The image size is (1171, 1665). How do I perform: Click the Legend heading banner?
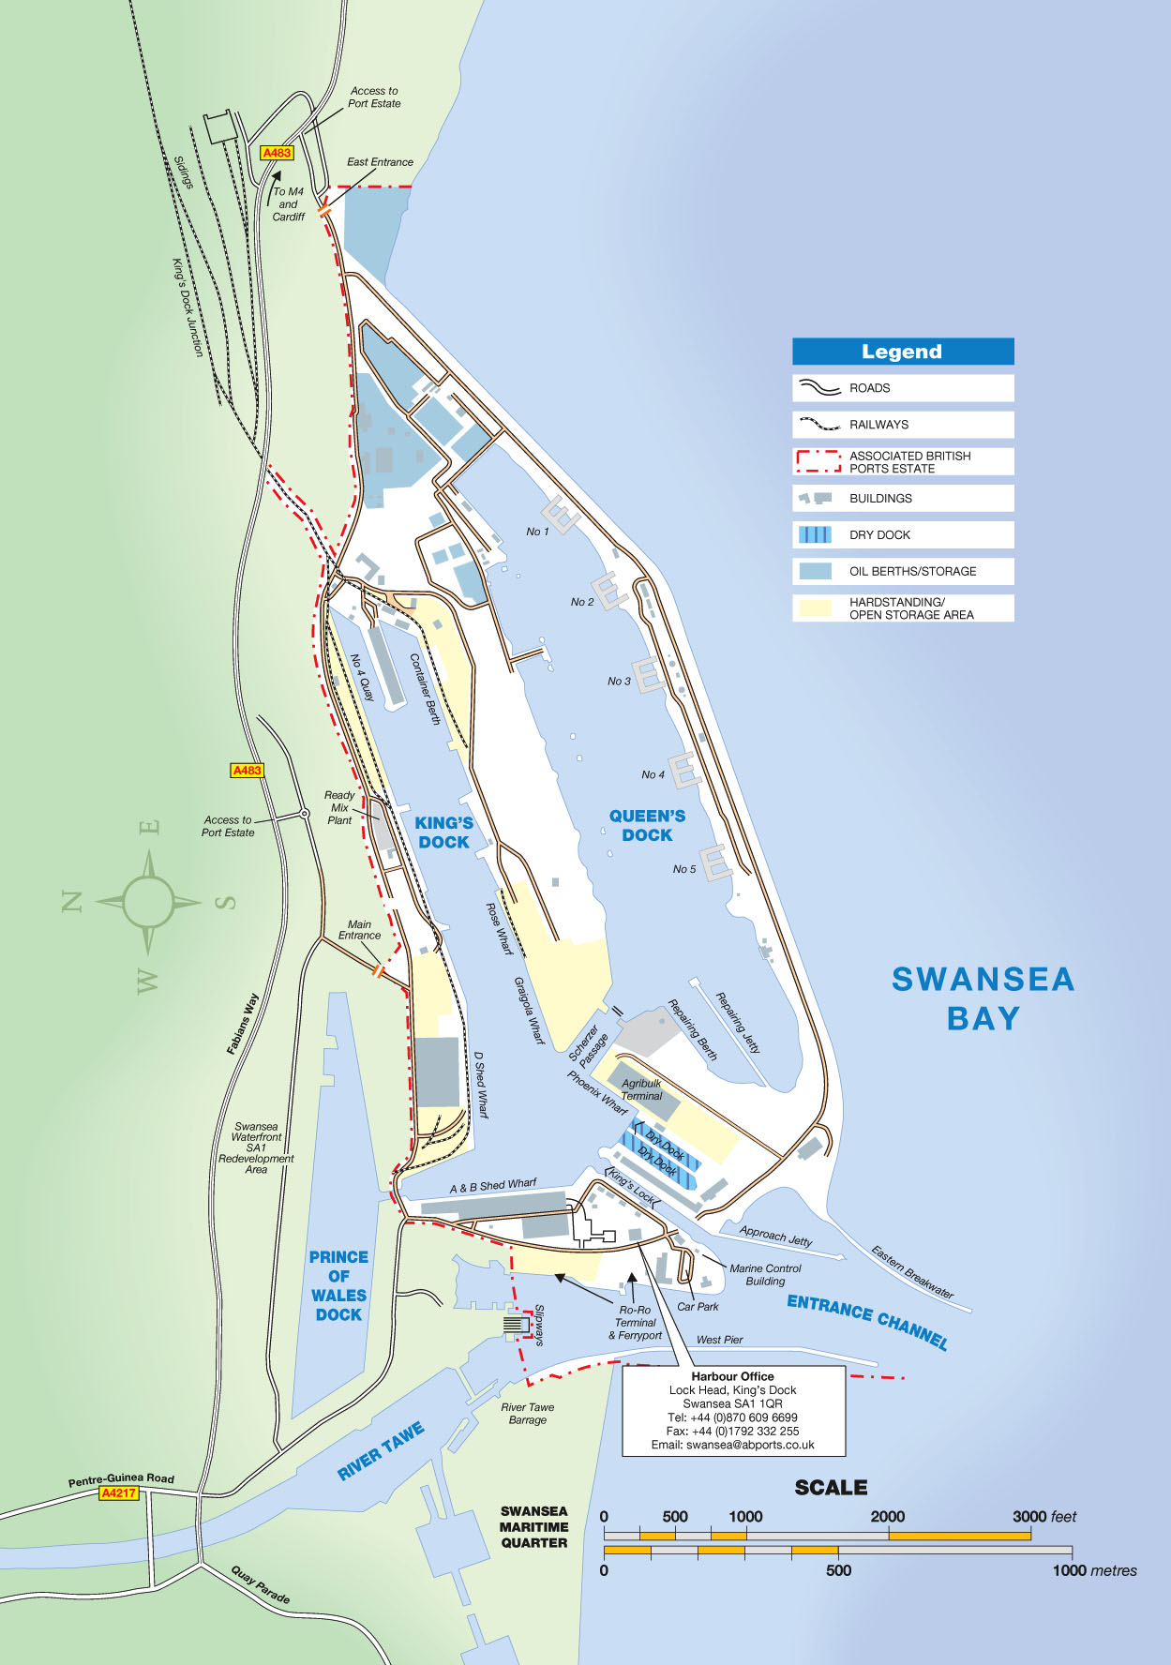pyautogui.click(x=902, y=352)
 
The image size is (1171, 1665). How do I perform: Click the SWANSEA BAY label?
pyautogui.click(x=983, y=998)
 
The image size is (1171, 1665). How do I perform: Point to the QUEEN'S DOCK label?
pyautogui.click(x=647, y=826)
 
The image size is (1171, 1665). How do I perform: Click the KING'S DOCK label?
pyautogui.click(x=443, y=832)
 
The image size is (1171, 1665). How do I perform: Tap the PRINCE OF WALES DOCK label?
pyautogui.click(x=338, y=1285)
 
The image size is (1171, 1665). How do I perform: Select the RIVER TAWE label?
pyautogui.click(x=381, y=1451)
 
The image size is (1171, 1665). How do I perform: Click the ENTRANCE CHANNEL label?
pyautogui.click(x=867, y=1322)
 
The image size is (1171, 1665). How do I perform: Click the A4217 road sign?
pyautogui.click(x=119, y=1493)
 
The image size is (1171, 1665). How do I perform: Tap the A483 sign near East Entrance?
pyautogui.click(x=277, y=153)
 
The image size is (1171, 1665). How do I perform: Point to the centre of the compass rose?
pyautogui.click(x=148, y=903)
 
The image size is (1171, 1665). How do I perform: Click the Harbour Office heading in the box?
pyautogui.click(x=733, y=1376)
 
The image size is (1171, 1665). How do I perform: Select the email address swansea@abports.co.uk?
pyautogui.click(x=733, y=1445)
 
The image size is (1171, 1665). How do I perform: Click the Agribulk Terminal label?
pyautogui.click(x=641, y=1089)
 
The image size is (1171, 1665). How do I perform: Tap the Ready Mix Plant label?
pyautogui.click(x=339, y=807)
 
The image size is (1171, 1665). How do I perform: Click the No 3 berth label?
pyautogui.click(x=619, y=682)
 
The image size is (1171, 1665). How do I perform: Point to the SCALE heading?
pyautogui.click(x=831, y=1488)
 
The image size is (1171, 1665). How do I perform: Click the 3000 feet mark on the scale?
pyautogui.click(x=1030, y=1516)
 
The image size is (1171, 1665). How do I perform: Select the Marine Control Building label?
pyautogui.click(x=765, y=1274)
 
